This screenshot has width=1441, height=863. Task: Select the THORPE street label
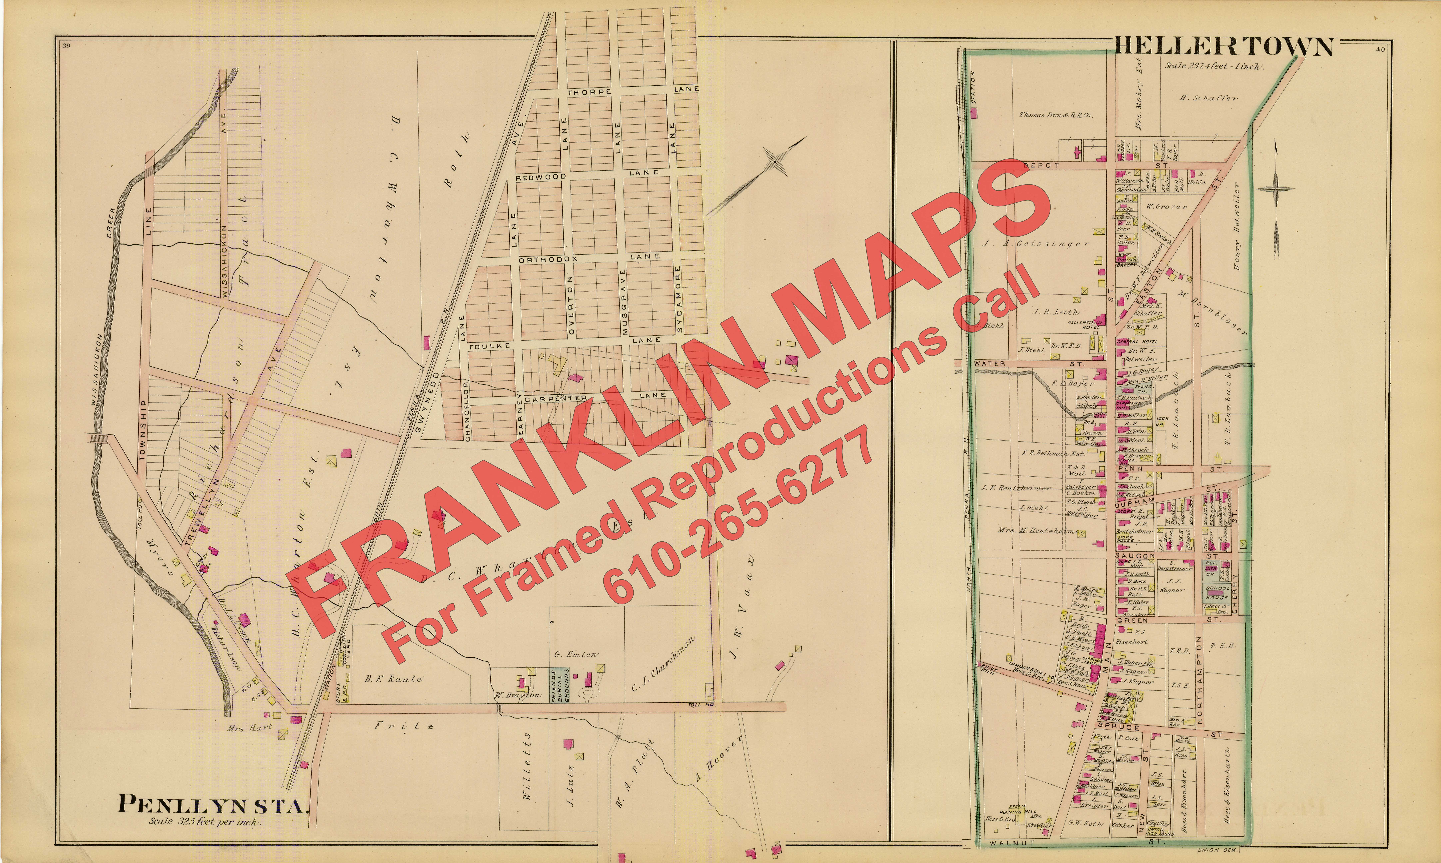pyautogui.click(x=589, y=92)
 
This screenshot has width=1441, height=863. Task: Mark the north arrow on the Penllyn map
pyautogui.click(x=774, y=160)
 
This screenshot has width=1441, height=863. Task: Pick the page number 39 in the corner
pyautogui.click(x=66, y=46)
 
